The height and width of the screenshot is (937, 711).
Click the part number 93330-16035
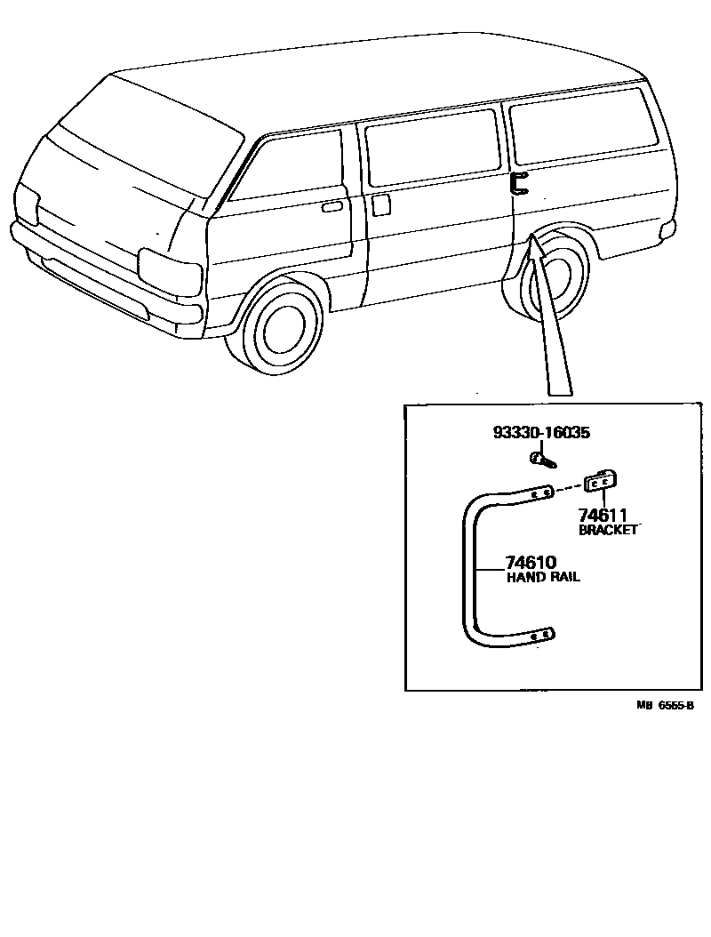coord(542,433)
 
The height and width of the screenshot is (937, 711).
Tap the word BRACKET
coord(609,531)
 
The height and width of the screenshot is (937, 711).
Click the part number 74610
coord(531,562)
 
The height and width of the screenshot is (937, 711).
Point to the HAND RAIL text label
coord(543,577)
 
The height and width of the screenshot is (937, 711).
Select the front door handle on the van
coord(332,207)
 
